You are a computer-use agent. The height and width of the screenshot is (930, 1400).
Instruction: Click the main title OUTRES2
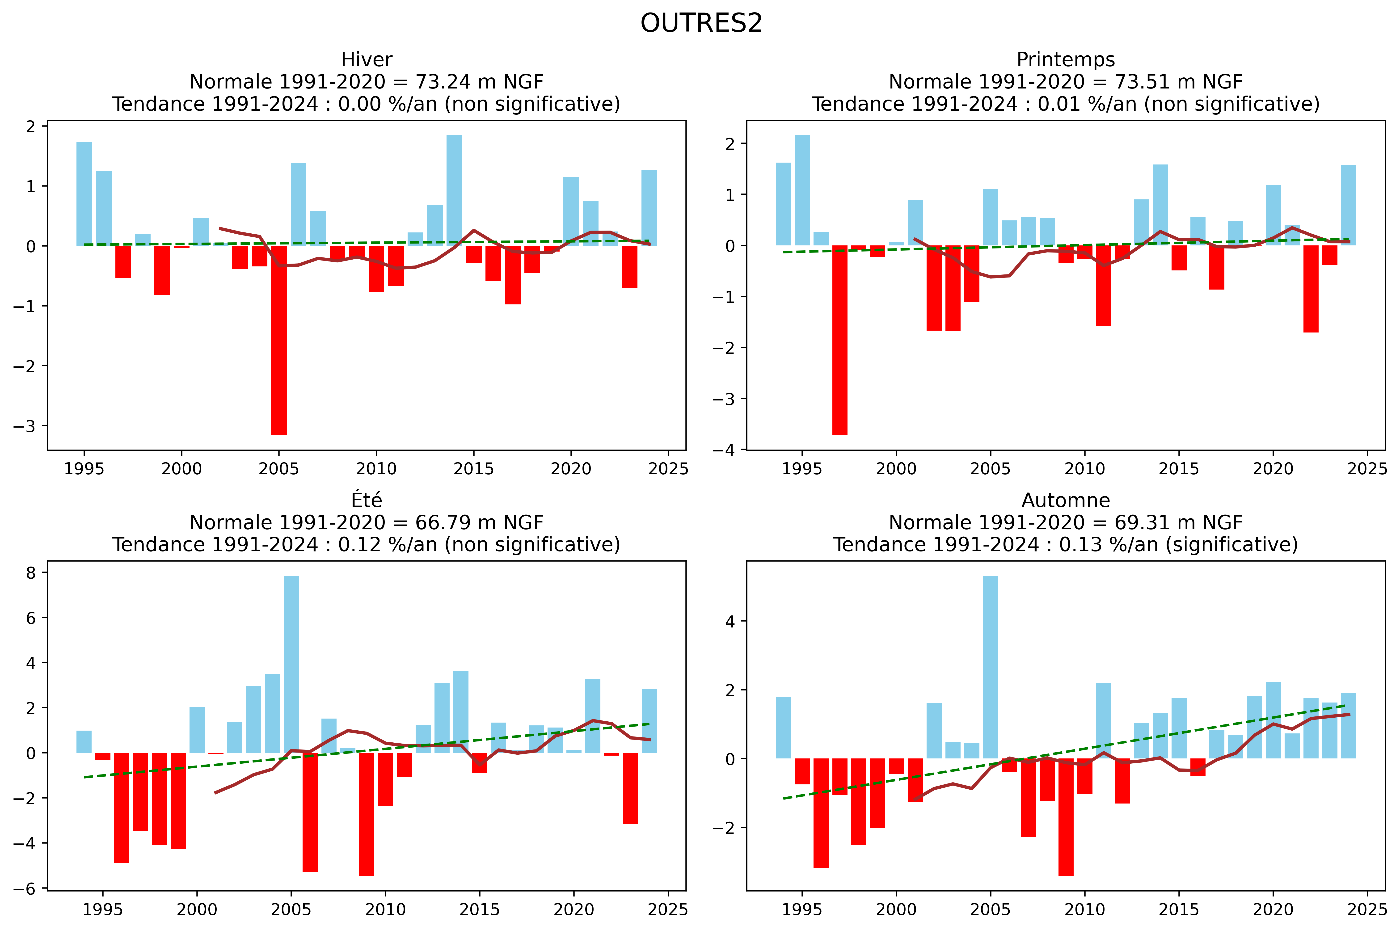pyautogui.click(x=701, y=23)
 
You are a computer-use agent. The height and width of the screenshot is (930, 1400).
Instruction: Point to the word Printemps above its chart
pyautogui.click(x=1065, y=60)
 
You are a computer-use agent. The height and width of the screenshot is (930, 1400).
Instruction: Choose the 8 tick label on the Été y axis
pyautogui.click(x=31, y=572)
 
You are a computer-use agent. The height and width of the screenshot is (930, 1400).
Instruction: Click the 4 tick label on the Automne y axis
pyautogui.click(x=730, y=622)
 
